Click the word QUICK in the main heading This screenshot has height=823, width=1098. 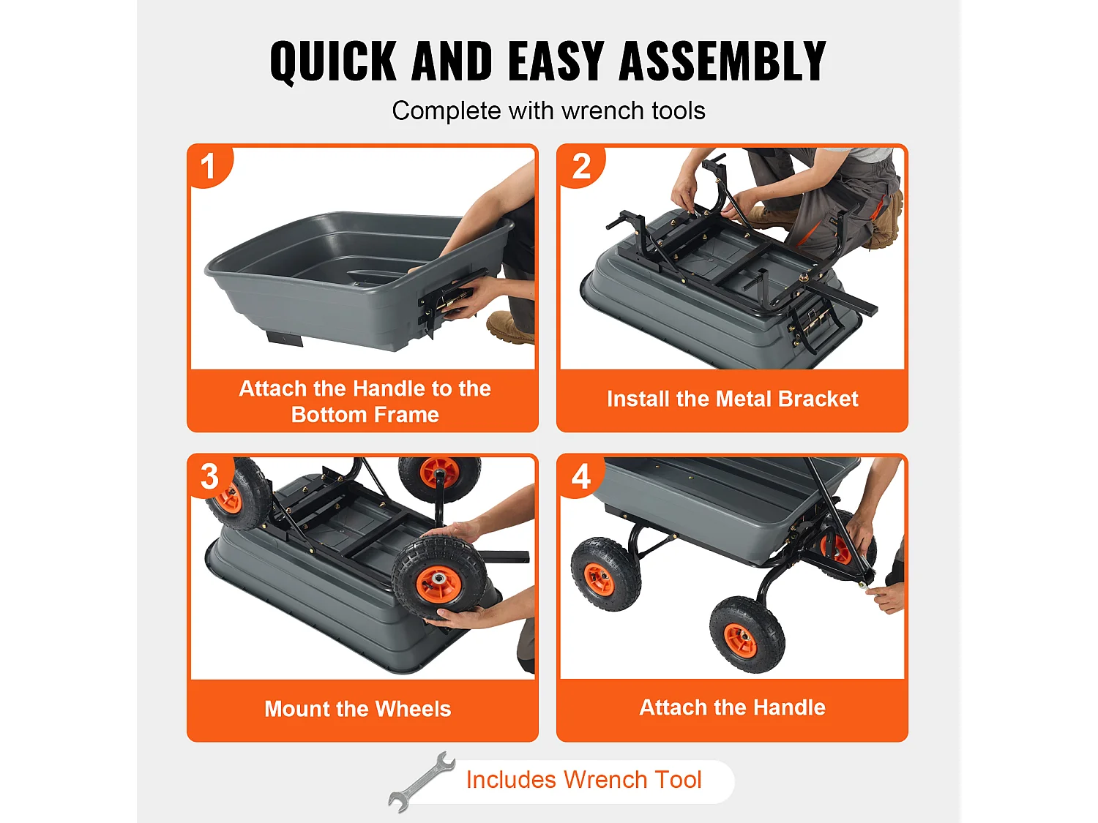coord(333,61)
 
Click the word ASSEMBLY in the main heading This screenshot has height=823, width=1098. coord(722,61)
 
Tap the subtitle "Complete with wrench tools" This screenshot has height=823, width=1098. coord(548,110)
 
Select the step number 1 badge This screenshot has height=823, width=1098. coord(209,166)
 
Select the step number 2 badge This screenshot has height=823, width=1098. coord(581,166)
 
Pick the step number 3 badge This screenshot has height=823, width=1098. coord(211,476)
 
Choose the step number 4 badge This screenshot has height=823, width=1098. coord(581,476)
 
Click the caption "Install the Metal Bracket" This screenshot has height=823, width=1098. coord(732,399)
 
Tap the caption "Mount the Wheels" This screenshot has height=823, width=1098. coord(358,709)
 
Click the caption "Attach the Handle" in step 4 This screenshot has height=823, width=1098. coord(732,707)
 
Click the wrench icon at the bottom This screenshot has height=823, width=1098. coord(422,781)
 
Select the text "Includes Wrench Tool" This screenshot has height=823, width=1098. coord(583,780)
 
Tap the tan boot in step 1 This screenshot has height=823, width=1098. coord(509,327)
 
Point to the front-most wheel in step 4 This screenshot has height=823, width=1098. coord(747,634)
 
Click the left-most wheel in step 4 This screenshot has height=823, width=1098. coord(606,574)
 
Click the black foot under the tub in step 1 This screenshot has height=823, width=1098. coord(285,339)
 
